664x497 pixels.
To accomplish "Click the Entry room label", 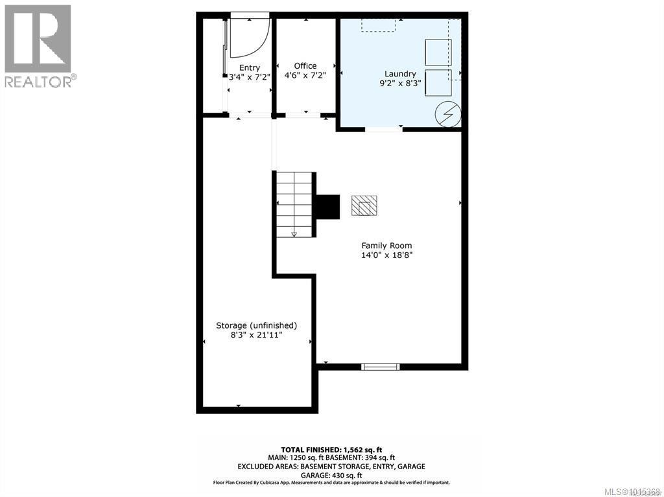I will (x=250, y=67).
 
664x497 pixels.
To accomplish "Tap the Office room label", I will (x=305, y=65).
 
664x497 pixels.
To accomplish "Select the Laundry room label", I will (x=400, y=74).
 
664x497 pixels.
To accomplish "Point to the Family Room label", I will (x=386, y=245).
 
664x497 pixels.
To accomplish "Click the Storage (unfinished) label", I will (x=256, y=325).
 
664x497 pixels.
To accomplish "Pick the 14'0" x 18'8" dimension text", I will (x=387, y=255).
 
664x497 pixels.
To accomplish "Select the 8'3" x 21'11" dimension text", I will (x=256, y=335).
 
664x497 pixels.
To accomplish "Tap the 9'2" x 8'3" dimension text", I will (x=400, y=83).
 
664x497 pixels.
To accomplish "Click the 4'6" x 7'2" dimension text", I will (x=305, y=75).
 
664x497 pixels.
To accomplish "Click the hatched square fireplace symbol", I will (x=364, y=205).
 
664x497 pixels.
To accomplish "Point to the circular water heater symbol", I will (x=447, y=114).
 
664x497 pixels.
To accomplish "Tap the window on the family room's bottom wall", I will (x=381, y=367).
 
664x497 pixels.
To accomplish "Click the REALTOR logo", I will (x=39, y=45).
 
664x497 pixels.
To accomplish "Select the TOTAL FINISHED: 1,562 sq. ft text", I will (x=332, y=449).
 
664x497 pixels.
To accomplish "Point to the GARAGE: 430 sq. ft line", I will (x=332, y=474).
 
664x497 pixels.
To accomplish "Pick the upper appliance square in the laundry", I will (x=438, y=52).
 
